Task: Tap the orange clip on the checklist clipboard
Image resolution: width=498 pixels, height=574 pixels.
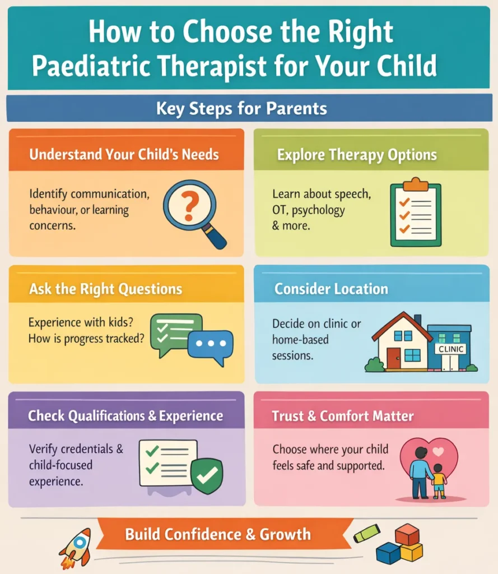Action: click(x=416, y=183)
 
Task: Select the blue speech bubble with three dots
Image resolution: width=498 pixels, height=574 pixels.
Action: click(x=210, y=344)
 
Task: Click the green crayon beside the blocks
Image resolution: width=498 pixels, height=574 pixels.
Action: click(x=367, y=533)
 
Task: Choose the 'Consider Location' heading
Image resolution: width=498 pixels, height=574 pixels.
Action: click(x=331, y=289)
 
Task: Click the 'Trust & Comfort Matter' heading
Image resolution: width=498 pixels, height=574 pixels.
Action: click(x=343, y=416)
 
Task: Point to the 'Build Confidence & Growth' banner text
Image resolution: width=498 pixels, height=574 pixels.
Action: click(x=218, y=534)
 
